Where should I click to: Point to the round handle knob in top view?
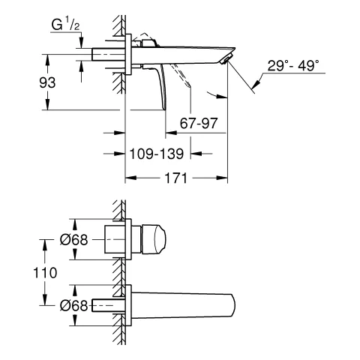click(x=154, y=239)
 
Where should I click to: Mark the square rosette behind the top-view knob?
click(x=119, y=239)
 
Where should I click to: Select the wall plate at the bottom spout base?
click(x=130, y=305)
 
